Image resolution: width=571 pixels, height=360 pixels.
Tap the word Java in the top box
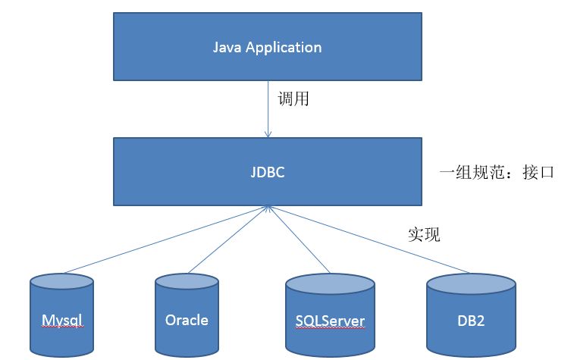(227, 48)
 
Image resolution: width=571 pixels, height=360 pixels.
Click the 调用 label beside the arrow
(293, 99)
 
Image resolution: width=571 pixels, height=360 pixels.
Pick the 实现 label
(423, 234)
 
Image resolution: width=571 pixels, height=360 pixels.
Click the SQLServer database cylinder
(330, 318)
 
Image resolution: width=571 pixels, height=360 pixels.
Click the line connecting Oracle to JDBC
(227, 238)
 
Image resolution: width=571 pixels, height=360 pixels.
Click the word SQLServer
(330, 321)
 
